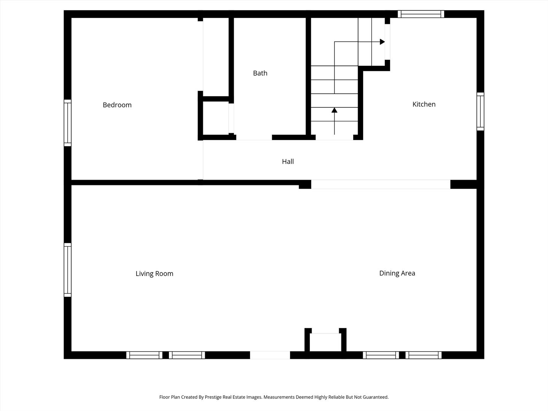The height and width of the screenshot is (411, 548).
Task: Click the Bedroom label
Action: [x=117, y=105]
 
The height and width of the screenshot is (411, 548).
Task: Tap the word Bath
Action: [x=260, y=73]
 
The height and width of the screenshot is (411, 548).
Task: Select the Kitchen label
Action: [x=424, y=104]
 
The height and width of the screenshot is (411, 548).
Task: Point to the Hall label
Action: [x=288, y=161]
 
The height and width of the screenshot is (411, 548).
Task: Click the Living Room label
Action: [x=154, y=274]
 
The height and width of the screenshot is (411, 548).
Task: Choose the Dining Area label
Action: [x=397, y=273]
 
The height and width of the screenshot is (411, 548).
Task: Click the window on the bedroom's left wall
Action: [x=68, y=123]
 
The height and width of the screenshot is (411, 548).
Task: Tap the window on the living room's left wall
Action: [x=68, y=270]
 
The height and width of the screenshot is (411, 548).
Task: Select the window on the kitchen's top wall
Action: [x=421, y=14]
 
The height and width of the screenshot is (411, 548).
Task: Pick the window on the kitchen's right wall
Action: [x=480, y=112]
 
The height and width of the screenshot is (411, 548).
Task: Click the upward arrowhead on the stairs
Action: [x=334, y=110]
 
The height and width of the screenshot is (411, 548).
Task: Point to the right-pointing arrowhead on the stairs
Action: [x=382, y=42]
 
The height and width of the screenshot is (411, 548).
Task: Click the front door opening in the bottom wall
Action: [x=270, y=355]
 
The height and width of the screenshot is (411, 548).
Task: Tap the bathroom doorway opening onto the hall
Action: [x=254, y=137]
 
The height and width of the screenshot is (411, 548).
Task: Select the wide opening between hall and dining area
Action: [x=381, y=184]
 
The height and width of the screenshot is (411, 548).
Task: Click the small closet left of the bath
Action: [x=216, y=118]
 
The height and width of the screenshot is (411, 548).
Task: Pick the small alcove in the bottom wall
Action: [x=325, y=342]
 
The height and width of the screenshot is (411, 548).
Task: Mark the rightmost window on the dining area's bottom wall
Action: [x=424, y=355]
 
